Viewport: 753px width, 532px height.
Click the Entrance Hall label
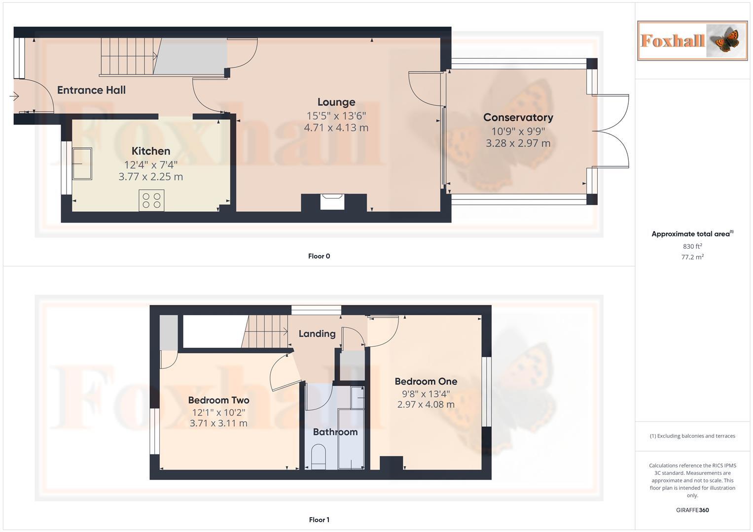(91, 90)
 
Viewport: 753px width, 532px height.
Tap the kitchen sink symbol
(82, 164)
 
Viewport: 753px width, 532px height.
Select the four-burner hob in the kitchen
(151, 200)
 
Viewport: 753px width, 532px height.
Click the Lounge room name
(336, 102)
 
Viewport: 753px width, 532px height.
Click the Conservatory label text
(518, 117)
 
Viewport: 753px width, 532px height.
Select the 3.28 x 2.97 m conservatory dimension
(518, 143)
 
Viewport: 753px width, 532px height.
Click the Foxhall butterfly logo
(692, 40)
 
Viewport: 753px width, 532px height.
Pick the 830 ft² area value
(692, 246)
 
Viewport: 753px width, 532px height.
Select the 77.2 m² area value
(692, 257)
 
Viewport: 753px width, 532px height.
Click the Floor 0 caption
(319, 256)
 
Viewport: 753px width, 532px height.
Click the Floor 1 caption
(319, 520)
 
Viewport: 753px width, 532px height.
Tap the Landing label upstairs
(317, 333)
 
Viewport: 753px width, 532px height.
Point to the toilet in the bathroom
(319, 456)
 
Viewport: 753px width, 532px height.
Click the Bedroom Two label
(218, 400)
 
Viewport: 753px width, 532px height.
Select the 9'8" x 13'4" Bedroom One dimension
(426, 394)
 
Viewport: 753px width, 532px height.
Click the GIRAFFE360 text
(692, 510)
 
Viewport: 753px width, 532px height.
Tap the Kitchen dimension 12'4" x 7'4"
(151, 165)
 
